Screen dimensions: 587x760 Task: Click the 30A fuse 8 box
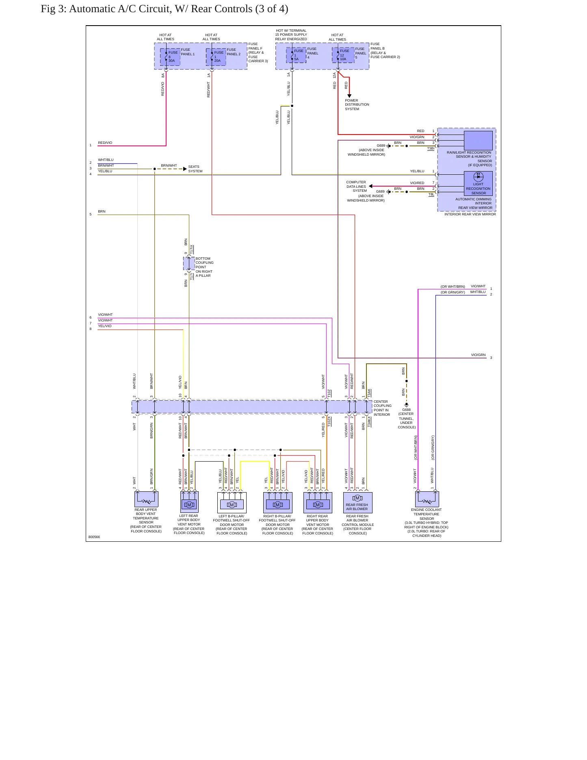tap(170, 57)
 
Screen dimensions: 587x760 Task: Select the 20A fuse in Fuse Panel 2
tap(216, 57)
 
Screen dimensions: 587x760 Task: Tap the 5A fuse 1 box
tap(296, 55)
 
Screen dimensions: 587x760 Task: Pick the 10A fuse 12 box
tap(343, 55)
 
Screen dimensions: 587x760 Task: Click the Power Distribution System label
tap(357, 104)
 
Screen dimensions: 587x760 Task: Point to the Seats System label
tap(195, 169)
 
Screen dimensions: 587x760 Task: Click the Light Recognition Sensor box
tap(478, 183)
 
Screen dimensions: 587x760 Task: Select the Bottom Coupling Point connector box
tap(189, 263)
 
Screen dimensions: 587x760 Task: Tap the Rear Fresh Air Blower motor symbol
tap(357, 498)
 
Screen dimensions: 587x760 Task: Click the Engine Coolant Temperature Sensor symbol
tap(427, 499)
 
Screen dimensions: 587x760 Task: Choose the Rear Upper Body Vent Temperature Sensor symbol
tap(146, 499)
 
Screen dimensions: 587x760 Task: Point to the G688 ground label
tap(406, 410)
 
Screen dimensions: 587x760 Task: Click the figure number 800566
tap(94, 537)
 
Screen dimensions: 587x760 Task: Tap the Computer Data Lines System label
tap(356, 187)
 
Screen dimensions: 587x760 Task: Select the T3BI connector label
tap(431, 149)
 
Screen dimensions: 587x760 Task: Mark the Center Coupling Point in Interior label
tap(382, 408)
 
